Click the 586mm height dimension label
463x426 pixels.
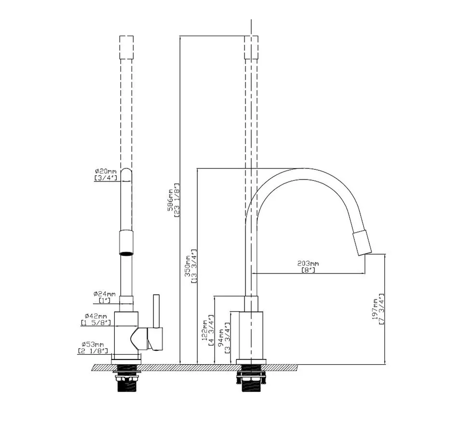click(170, 200)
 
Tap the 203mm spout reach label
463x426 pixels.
click(308, 263)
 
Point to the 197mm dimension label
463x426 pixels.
click(375, 309)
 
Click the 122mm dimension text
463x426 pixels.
click(204, 330)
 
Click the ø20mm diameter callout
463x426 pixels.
click(106, 171)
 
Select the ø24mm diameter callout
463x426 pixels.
click(105, 294)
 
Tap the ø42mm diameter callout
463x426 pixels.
click(95, 316)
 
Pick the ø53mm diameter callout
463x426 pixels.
click(93, 344)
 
